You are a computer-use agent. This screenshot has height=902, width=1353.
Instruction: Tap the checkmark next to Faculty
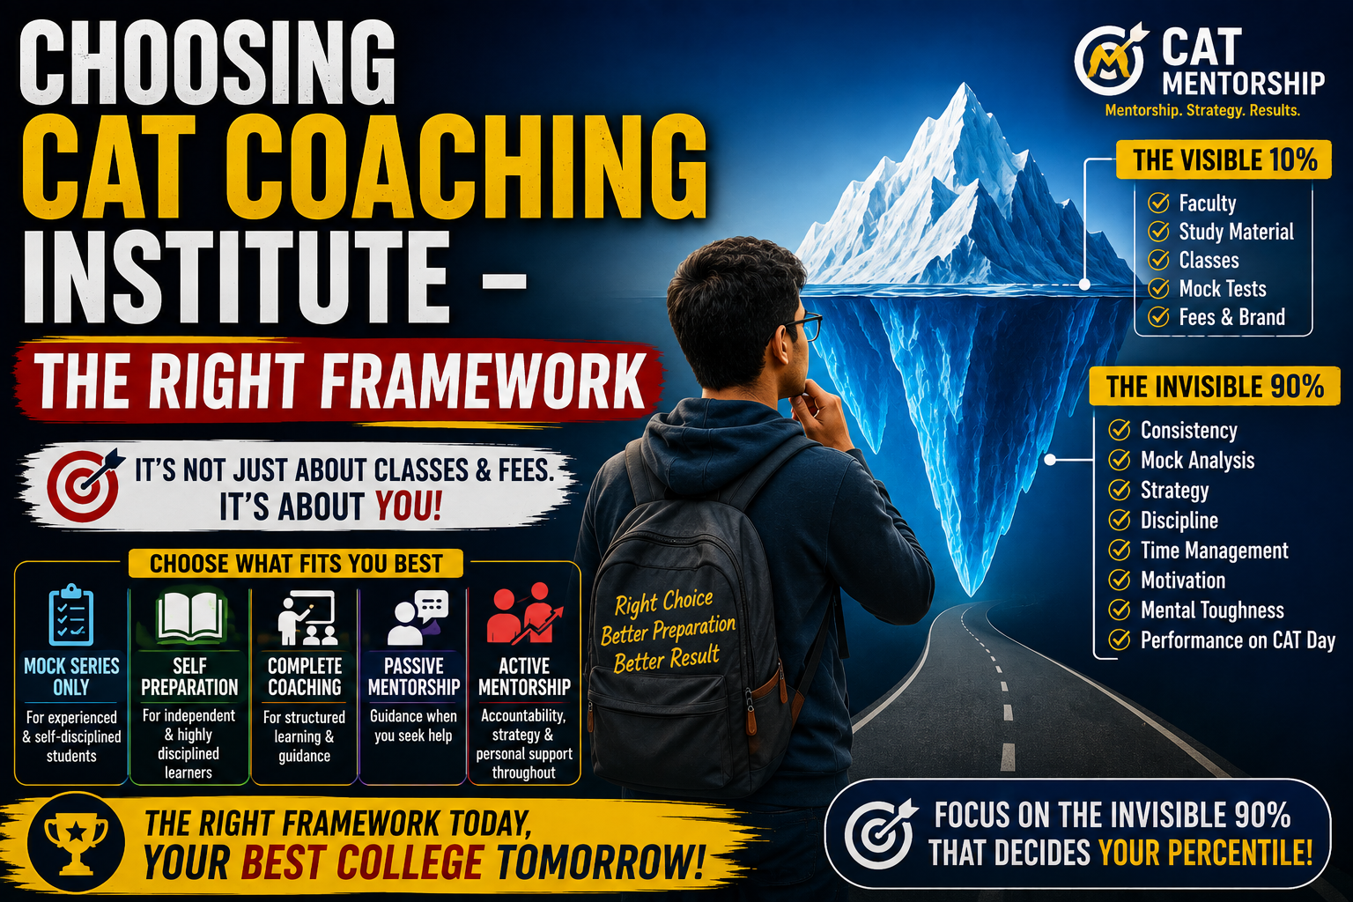click(1158, 203)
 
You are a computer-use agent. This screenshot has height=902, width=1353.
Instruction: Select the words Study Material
click(1236, 232)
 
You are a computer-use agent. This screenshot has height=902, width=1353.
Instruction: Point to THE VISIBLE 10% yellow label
click(1224, 159)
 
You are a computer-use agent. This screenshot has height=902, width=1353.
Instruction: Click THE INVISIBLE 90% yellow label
click(1215, 386)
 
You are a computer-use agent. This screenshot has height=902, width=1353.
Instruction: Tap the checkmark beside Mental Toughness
click(1120, 610)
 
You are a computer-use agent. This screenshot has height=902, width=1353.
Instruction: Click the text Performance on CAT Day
click(1238, 640)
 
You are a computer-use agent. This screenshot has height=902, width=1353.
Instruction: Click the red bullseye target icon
click(84, 484)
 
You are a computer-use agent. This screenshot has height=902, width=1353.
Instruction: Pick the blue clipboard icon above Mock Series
click(71, 615)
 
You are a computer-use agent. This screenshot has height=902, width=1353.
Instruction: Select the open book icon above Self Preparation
click(189, 617)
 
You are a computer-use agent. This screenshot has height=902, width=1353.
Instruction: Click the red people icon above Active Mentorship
click(524, 614)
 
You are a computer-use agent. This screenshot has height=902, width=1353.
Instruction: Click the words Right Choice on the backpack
click(664, 603)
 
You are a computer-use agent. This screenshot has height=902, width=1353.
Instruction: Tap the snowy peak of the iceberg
click(965, 97)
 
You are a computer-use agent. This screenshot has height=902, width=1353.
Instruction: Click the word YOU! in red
click(409, 506)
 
